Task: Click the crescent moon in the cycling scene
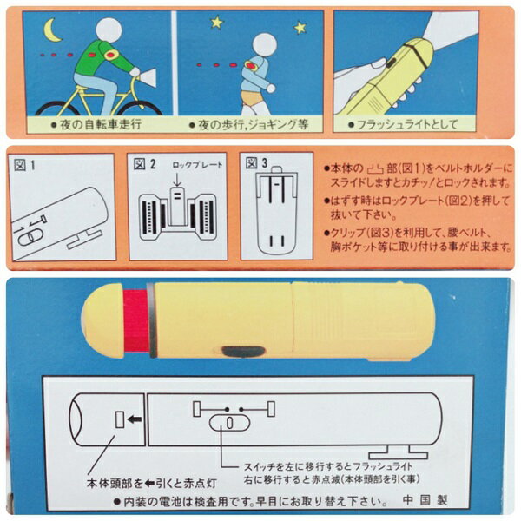click(49, 30)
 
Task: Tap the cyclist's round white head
click(109, 30)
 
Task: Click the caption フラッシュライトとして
click(402, 124)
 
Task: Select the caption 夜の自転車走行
click(96, 124)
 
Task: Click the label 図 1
click(25, 164)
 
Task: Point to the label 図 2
click(144, 164)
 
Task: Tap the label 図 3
click(256, 163)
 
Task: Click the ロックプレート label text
click(197, 165)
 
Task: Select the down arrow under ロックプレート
click(177, 180)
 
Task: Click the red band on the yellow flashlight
click(137, 320)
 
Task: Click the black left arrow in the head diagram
click(135, 419)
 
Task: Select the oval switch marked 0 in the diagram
click(229, 423)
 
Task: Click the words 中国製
click(425, 499)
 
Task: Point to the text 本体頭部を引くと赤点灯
click(151, 484)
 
